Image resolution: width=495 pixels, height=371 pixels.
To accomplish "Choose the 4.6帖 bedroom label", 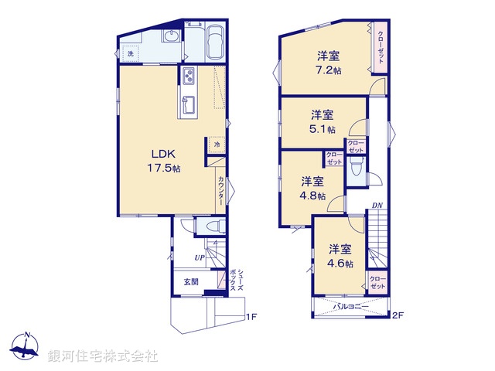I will (340, 256).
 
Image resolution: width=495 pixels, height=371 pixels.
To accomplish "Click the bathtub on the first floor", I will (215, 43).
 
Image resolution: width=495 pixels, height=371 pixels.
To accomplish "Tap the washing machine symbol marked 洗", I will (131, 53).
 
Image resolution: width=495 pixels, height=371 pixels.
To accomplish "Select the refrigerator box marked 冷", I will (217, 145).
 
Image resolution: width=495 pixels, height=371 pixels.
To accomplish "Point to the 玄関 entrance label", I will (191, 282).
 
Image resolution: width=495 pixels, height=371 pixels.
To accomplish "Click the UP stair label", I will (200, 257).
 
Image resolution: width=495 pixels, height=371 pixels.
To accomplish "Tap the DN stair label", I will (376, 206).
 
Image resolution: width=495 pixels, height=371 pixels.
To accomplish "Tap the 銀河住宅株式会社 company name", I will (102, 356).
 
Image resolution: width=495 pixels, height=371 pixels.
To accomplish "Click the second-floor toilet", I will (357, 169).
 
